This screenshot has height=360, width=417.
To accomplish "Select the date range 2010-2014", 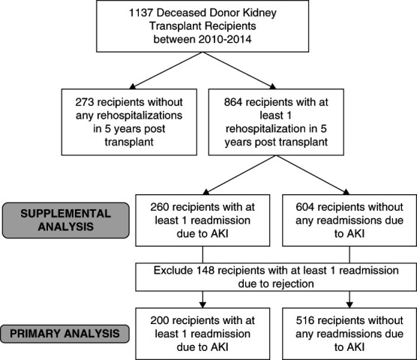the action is pos(225,39).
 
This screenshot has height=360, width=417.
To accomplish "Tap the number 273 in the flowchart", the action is pos(84,102).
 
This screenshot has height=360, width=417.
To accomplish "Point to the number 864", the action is pos(233,102).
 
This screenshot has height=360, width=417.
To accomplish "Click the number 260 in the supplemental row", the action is pos(159,207).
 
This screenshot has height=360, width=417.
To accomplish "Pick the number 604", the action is pos(304,207).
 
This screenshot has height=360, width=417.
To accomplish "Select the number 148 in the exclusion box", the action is pos(205,271).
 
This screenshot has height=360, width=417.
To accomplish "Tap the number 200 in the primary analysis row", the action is pos(159,321).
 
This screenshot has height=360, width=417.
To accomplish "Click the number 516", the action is pos(304,321).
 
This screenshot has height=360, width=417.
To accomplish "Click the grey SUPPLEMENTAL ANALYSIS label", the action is pos(66,220).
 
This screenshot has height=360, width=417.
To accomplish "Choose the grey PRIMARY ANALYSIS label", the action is pos(64,334).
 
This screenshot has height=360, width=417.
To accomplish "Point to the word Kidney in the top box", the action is pos(262,13).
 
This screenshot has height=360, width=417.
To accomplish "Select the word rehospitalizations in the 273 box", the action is pos(139,115).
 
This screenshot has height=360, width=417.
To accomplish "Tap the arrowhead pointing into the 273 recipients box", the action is pos(133,86).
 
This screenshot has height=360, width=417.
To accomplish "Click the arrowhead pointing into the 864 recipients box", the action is pos(272,86).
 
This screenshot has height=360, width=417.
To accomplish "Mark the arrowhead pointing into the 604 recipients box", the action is pos(346,192).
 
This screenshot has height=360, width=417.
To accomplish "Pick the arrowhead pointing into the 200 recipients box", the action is pos(202,304).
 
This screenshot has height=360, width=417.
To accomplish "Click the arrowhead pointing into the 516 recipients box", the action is pos(349,304).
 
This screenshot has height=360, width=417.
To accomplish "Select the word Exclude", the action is pos(173,271).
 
